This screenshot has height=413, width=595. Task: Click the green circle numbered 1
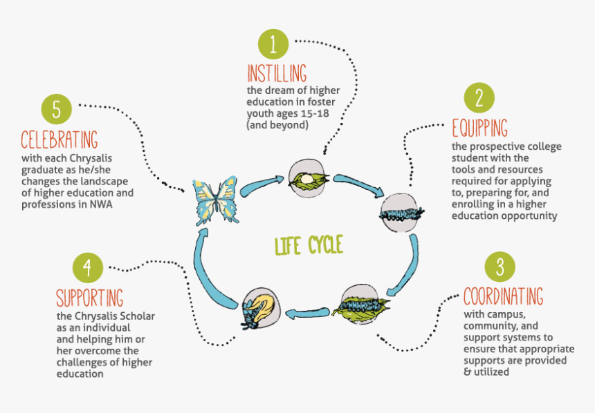coord(273,44)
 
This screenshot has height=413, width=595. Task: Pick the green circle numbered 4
coord(87,268)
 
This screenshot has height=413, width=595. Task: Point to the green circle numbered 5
coord(56,109)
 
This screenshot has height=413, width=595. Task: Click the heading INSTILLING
coord(277,74)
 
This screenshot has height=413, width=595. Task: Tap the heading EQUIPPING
coord(479,128)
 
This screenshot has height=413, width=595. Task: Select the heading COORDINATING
coord(503,297)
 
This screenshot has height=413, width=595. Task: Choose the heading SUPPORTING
coord(90,298)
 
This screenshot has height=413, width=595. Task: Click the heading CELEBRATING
coord(59,139)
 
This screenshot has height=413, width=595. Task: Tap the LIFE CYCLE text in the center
coord(308,245)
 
